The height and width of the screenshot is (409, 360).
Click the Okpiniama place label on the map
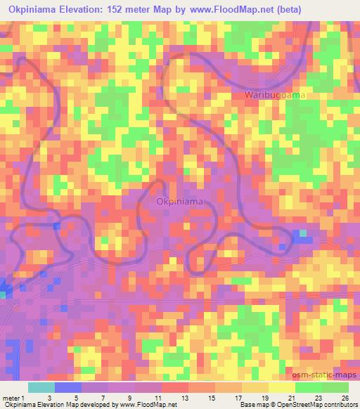[180, 202]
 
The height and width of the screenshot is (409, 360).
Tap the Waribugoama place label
[275, 95]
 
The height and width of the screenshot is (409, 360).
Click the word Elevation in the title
[90, 8]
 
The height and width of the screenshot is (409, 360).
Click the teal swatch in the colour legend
[41, 387]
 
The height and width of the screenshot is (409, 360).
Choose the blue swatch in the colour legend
[68, 387]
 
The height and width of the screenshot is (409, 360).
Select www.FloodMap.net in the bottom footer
[148, 405]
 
